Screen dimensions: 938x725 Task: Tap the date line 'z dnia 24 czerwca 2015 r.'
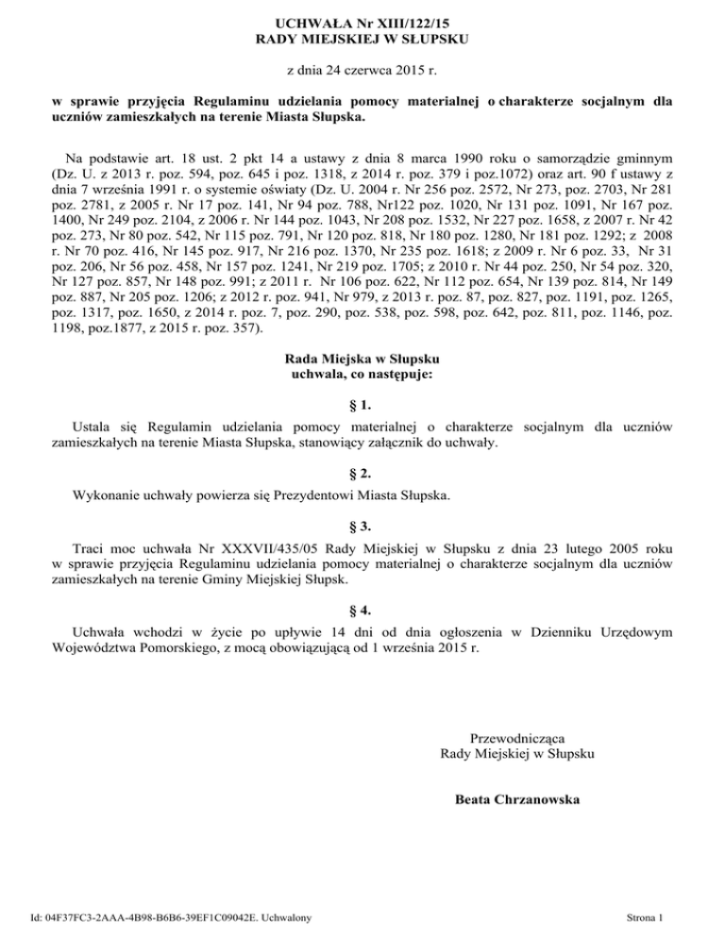point(362,70)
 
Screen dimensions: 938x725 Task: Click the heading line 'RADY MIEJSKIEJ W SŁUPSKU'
point(362,38)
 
